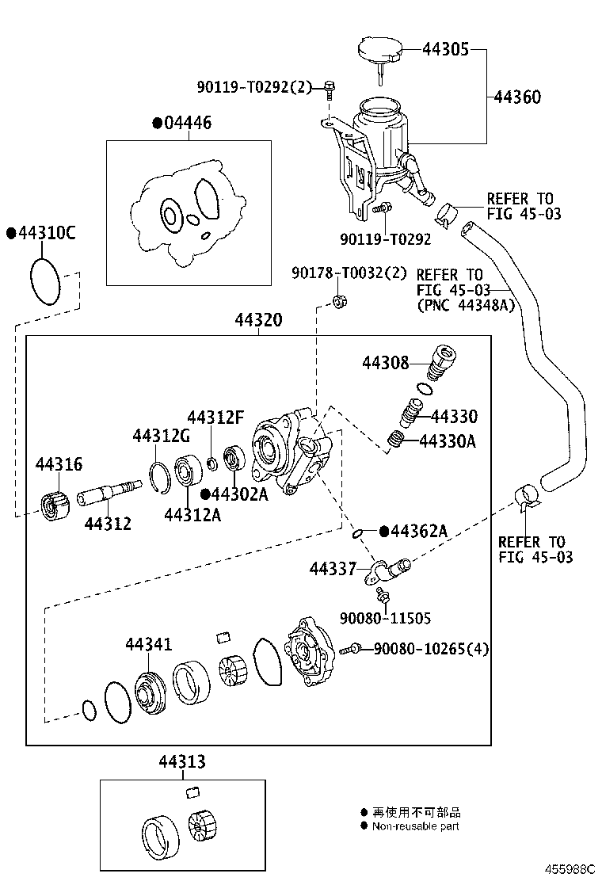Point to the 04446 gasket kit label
tap(188, 123)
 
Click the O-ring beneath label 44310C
tap(44, 280)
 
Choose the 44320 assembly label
tap(258, 320)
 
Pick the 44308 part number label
tap(386, 363)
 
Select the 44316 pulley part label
tap(58, 464)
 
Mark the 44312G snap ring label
tap(162, 436)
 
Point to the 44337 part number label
tap(333, 568)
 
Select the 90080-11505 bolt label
tap(386, 618)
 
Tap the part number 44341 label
tap(148, 645)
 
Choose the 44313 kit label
tap(181, 762)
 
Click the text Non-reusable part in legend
tap(416, 826)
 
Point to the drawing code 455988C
tap(568, 868)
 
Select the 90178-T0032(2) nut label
tap(349, 273)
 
